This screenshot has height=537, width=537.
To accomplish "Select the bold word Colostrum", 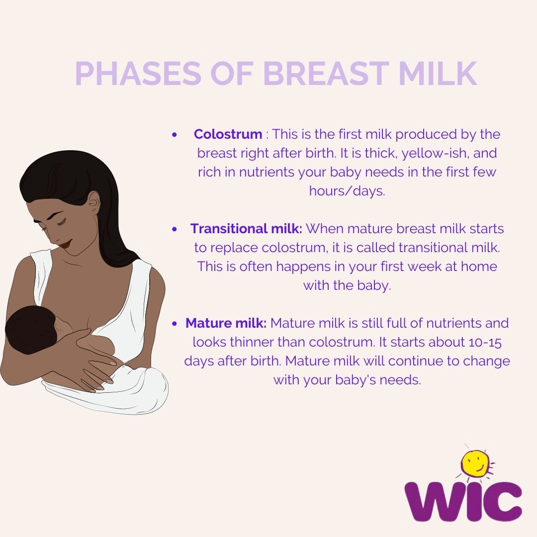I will [x=228, y=134].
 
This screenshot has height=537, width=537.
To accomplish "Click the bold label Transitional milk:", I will [x=246, y=229].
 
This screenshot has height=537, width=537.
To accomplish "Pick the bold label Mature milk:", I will [x=226, y=323].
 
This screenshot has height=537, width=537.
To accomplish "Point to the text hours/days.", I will [x=347, y=191].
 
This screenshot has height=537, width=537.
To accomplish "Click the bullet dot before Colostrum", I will [x=174, y=135].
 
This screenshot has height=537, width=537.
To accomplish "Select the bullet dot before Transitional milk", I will [x=174, y=229].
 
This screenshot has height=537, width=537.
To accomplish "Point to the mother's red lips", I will [x=66, y=244].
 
